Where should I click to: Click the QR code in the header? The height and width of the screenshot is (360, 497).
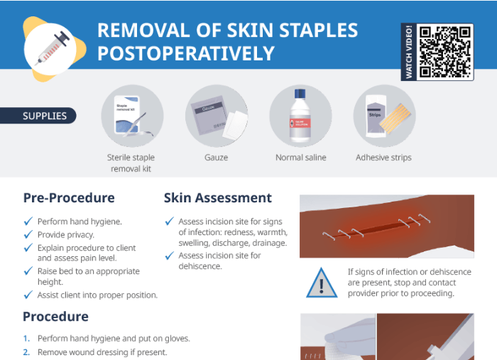tap(445, 52)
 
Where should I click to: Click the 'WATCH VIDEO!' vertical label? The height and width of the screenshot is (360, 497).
tap(408, 52)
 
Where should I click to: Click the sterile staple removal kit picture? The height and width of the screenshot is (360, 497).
tap(132, 116)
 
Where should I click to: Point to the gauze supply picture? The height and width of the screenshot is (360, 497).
tap(216, 116)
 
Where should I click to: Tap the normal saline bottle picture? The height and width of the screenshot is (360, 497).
tap(300, 116)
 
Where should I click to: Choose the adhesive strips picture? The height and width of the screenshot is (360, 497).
tap(383, 116)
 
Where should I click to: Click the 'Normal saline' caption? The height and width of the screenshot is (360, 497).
tap(300, 158)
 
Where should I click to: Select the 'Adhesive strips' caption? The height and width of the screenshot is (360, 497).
tap(383, 158)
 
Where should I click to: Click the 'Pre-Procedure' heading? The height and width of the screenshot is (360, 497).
tap(69, 198)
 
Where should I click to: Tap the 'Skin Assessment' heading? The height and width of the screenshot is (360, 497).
tap(218, 198)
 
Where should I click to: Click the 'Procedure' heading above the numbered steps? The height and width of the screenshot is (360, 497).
tap(55, 317)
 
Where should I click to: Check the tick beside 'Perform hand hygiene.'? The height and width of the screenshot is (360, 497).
tap(28, 222)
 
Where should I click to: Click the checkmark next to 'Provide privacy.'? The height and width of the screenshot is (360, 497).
tap(28, 234)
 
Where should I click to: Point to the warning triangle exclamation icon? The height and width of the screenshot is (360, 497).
tap(322, 283)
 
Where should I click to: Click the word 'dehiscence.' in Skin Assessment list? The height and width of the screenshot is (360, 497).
tap(200, 266)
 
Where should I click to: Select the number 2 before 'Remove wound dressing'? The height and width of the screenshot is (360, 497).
tap(26, 352)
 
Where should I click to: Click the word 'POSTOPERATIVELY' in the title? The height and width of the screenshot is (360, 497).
tap(185, 53)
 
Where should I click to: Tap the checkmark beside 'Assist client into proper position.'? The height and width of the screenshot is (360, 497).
tap(28, 295)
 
